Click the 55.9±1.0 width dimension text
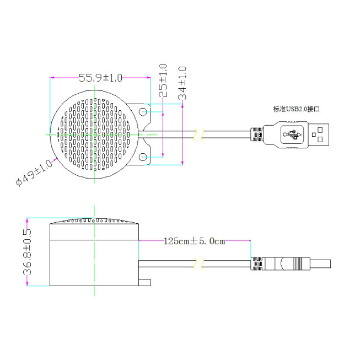tap(100, 78)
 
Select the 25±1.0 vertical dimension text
tap(163, 80)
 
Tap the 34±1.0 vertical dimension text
tap(182, 83)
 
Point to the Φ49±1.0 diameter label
tap(34, 173)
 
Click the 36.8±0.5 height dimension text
tap(27, 252)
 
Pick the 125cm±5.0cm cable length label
tap(194, 241)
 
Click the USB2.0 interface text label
tap(297, 109)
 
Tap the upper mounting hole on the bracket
tap(143, 112)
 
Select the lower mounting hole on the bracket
tap(143, 157)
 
